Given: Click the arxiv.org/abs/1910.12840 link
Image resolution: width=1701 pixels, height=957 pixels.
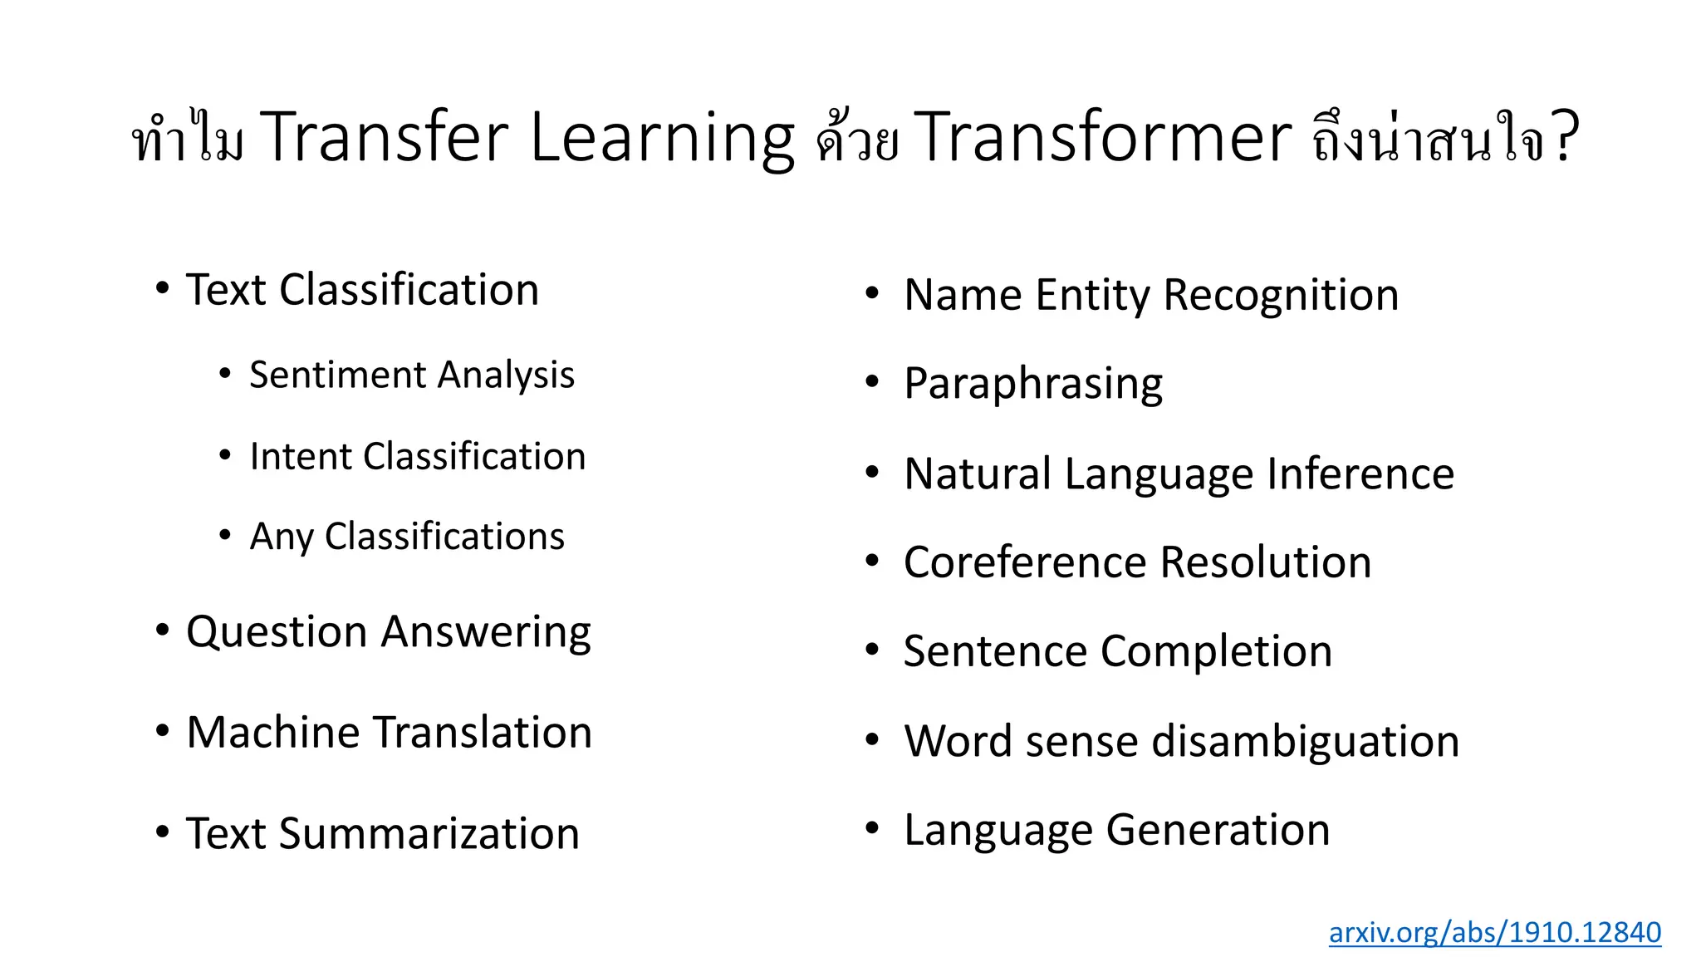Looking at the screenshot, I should pos(1494,932).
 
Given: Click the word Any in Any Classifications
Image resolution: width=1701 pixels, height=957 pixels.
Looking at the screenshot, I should pos(282,537).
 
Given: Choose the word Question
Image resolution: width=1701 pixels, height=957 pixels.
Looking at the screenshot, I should pos(276,632).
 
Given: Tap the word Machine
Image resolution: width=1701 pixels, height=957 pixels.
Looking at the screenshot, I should pos(276,732).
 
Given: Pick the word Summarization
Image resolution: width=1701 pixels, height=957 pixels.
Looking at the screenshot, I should pos(429,833).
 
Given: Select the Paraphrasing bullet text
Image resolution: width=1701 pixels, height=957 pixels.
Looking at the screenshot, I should pos(1033,384).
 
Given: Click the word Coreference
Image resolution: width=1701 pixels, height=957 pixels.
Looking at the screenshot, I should pos(1025,562).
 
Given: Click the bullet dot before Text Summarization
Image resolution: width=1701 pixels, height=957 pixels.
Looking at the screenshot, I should pos(163,831).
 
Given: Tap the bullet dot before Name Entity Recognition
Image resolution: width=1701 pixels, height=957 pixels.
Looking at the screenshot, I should pos(872,292).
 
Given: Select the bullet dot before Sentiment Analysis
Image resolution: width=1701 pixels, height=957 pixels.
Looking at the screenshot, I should pos(224,374).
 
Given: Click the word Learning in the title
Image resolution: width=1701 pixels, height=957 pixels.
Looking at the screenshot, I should pos(662,137).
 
